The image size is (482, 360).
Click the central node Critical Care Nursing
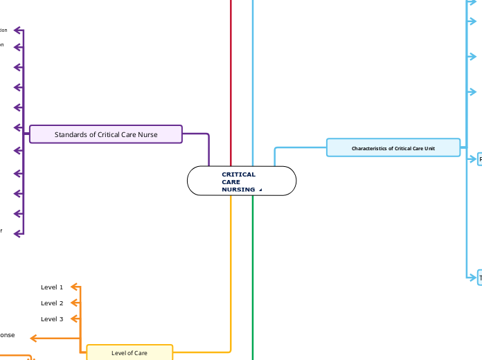coord(241,181)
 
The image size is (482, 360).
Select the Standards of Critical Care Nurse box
coord(106,134)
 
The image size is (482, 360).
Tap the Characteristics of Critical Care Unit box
coord(393,148)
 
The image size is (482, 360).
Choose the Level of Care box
coord(130,353)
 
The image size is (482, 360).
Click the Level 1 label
coord(52,287)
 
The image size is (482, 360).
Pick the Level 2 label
coord(52,303)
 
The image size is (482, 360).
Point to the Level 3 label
coord(52,319)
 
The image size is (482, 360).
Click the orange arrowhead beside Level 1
coord(75,287)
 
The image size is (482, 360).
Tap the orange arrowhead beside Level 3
coord(75,319)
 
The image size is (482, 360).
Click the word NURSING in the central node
coord(238,190)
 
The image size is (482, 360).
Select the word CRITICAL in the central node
coord(239,174)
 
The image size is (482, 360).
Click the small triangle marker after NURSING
coord(260,190)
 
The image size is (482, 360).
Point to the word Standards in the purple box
coord(72,134)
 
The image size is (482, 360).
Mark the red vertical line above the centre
coord(231,69)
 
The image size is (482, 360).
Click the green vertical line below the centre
coord(253,277)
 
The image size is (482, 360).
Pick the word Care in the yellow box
coord(140,353)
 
